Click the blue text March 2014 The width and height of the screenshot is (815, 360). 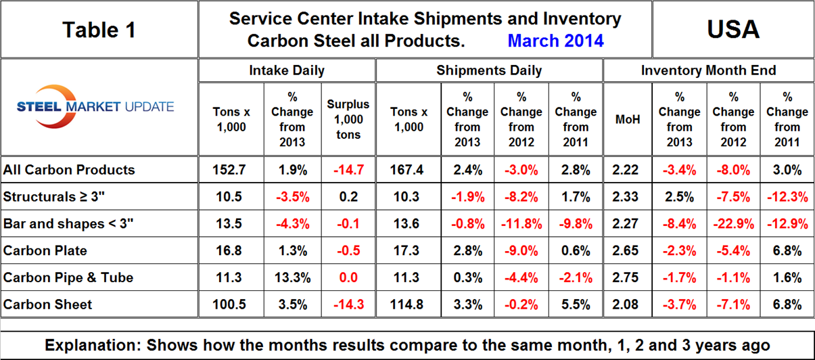pyautogui.click(x=555, y=41)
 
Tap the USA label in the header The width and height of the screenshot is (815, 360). pyautogui.click(x=732, y=29)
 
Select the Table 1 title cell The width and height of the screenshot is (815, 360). pyautogui.click(x=99, y=29)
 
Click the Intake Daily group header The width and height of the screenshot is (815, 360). pyautogui.click(x=286, y=70)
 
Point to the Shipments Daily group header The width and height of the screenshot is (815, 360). pyautogui.click(x=488, y=70)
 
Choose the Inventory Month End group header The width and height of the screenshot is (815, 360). pyautogui.click(x=708, y=70)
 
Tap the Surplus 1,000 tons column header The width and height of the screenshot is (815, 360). pyautogui.click(x=348, y=119)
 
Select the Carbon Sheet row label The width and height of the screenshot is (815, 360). pyautogui.click(x=40, y=305)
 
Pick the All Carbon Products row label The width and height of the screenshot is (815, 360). pyautogui.click(x=69, y=170)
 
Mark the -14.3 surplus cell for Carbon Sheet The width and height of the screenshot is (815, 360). pyautogui.click(x=348, y=305)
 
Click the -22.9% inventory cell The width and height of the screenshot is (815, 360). pyautogui.click(x=733, y=224)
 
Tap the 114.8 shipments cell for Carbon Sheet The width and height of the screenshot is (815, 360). pyautogui.click(x=408, y=305)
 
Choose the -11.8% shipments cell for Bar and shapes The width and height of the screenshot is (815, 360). pyautogui.click(x=521, y=224)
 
